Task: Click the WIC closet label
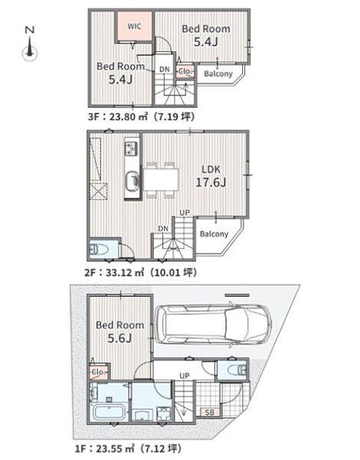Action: pyautogui.click(x=134, y=26)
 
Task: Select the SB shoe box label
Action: pyautogui.click(x=209, y=412)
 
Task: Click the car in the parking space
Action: pyautogui.click(x=213, y=324)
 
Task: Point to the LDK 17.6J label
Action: pyautogui.click(x=211, y=176)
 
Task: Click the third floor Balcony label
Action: pyautogui.click(x=218, y=74)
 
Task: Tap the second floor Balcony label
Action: pyautogui.click(x=214, y=234)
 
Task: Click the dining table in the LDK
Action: pyautogui.click(x=161, y=179)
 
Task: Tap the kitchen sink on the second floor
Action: pyautogui.click(x=132, y=182)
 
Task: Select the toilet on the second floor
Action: pyautogui.click(x=99, y=250)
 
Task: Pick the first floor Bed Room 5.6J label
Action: pyautogui.click(x=120, y=331)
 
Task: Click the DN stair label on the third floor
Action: pyautogui.click(x=165, y=69)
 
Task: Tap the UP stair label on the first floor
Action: pyautogui.click(x=185, y=376)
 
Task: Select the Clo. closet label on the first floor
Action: pyautogui.click(x=97, y=372)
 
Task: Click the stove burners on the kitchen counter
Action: pyautogui.click(x=131, y=148)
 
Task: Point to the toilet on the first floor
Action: pyautogui.click(x=237, y=370)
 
